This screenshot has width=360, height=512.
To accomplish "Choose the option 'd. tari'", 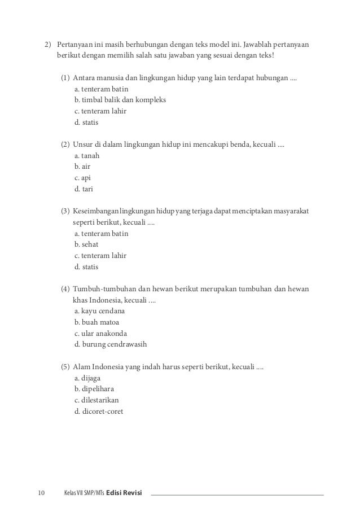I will (85, 189).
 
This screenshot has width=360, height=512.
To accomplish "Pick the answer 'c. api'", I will (82, 178).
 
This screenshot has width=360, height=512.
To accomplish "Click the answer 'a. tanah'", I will (86, 156).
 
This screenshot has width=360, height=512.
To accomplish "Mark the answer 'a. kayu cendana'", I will (99, 311).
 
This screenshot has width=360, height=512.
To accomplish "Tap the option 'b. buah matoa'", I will (96, 322).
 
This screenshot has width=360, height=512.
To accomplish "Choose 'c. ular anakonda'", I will (100, 333).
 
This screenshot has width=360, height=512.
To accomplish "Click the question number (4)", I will (65, 289).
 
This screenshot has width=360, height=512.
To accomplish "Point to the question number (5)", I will (65, 367).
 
